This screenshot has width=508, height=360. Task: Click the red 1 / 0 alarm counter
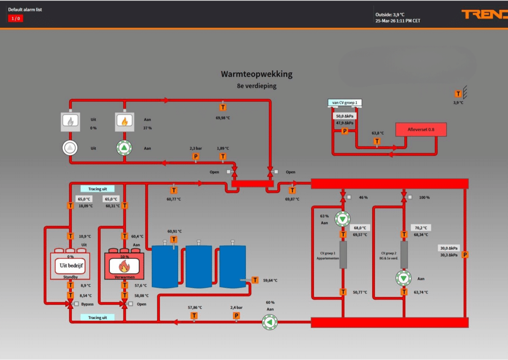click(x=15, y=18)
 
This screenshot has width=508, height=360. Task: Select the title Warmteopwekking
click(x=256, y=74)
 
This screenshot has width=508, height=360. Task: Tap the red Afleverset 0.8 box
click(x=421, y=130)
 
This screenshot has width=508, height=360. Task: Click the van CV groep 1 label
click(x=345, y=103)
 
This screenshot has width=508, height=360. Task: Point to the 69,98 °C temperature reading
click(x=223, y=118)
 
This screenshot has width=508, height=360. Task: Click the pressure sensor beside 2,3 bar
click(x=195, y=157)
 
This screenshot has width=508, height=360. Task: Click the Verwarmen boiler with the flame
click(x=124, y=265)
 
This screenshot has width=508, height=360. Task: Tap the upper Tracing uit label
click(x=97, y=189)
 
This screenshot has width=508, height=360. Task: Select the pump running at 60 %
click(x=269, y=322)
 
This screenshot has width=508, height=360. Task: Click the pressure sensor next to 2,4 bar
click(x=236, y=315)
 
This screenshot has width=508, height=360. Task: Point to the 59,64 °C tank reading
click(x=270, y=280)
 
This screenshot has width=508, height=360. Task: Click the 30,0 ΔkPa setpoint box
click(x=449, y=248)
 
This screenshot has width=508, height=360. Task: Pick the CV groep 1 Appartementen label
click(x=326, y=256)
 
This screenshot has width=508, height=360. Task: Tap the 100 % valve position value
click(x=425, y=198)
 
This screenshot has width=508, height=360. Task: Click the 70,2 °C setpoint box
click(x=421, y=228)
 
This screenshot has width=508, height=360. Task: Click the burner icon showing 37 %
click(x=124, y=121)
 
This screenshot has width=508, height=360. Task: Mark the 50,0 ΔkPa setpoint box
click(x=345, y=116)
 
